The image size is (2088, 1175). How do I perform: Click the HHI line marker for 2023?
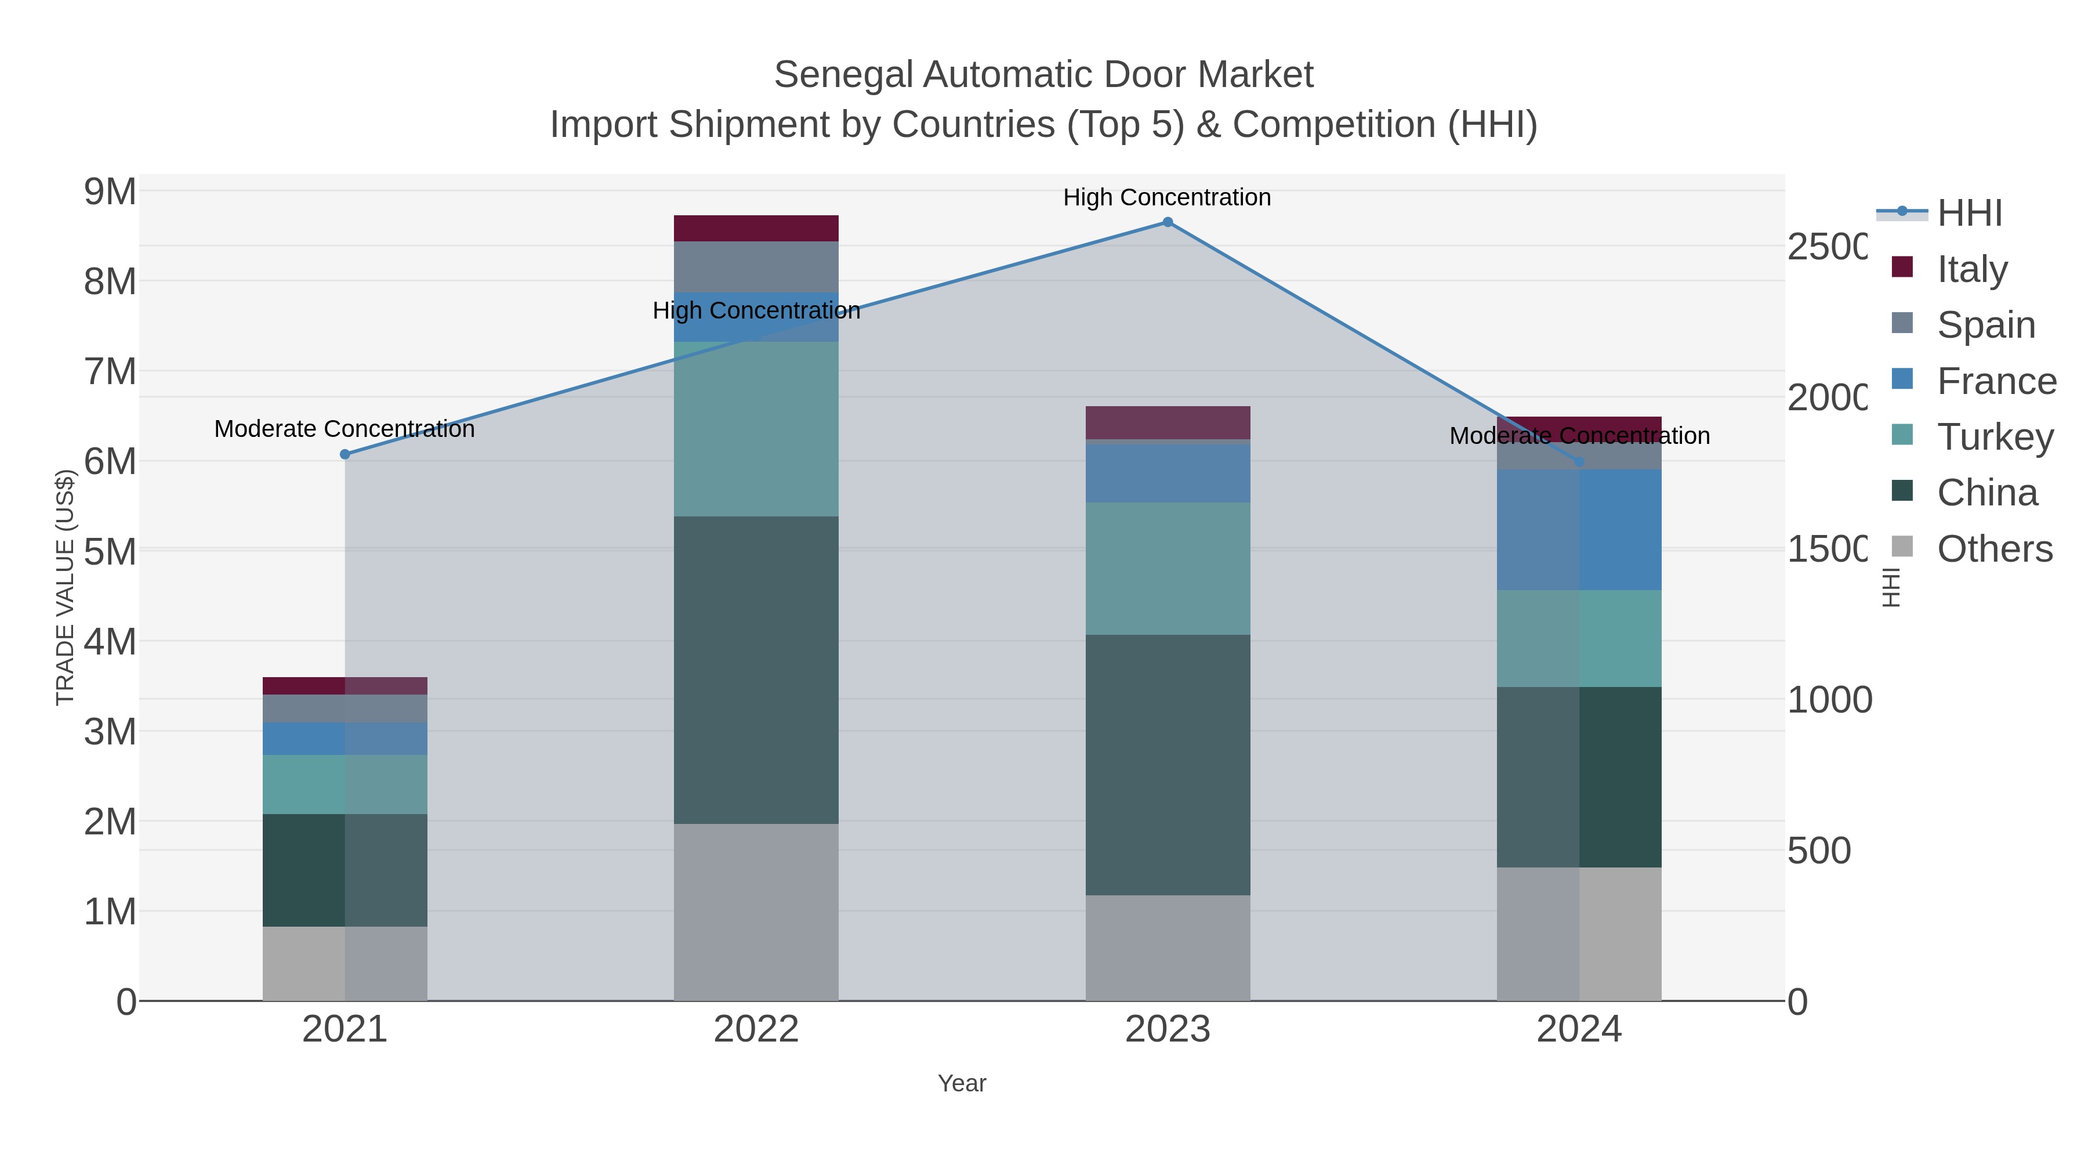(x=1167, y=222)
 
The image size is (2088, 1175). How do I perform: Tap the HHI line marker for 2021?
(x=345, y=455)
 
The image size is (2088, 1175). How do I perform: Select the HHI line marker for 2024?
(x=1578, y=461)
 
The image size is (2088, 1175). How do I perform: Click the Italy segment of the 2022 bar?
(x=755, y=229)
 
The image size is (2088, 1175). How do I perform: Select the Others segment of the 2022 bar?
(x=755, y=912)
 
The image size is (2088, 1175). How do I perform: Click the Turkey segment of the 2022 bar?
(x=755, y=428)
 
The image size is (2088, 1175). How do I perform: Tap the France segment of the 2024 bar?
(x=1578, y=530)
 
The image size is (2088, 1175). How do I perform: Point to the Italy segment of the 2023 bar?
(x=1167, y=422)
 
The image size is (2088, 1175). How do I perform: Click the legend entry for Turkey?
(x=1994, y=437)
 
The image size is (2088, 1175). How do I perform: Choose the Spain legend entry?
(x=1986, y=325)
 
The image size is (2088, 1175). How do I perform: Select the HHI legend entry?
(x=1969, y=214)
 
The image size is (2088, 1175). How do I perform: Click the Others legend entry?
(x=1994, y=549)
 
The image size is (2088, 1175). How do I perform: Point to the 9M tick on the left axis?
(x=110, y=192)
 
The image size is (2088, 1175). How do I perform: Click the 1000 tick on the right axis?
(x=1829, y=700)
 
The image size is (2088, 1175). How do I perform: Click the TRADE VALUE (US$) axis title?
(x=65, y=588)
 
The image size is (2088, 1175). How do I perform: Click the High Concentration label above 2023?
(x=1166, y=198)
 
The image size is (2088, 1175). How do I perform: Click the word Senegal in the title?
(x=842, y=75)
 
